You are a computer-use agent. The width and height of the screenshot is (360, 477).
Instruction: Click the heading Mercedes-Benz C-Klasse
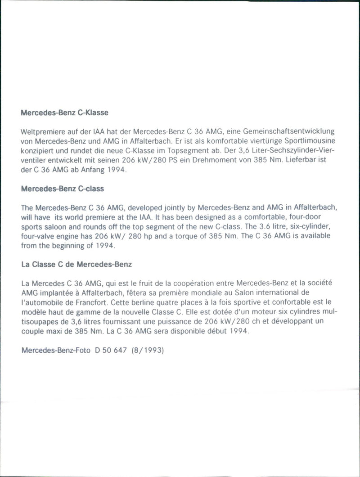coord(65,112)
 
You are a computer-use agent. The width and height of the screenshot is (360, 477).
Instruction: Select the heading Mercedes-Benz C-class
coord(63,189)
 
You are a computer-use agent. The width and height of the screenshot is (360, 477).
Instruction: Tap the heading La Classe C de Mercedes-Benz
coord(76,265)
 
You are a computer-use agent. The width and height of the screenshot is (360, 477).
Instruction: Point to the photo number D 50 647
coord(111,350)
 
